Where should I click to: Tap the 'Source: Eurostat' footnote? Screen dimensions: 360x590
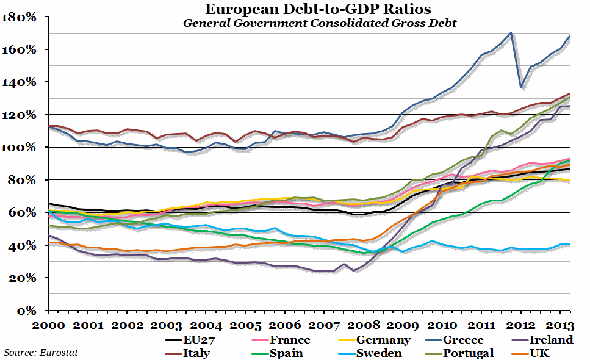41,352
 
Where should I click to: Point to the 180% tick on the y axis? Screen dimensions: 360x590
21,17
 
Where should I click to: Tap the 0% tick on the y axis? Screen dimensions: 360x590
28,311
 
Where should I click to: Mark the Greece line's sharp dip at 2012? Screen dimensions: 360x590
520,87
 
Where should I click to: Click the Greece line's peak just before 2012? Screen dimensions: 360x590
511,33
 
